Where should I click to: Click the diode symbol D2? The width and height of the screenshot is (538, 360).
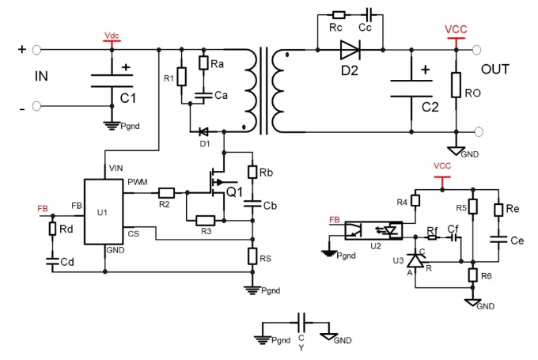pyautogui.click(x=350, y=50)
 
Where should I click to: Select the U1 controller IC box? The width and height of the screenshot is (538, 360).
pyautogui.click(x=104, y=212)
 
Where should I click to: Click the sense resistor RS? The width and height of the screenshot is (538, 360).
pyautogui.click(x=252, y=256)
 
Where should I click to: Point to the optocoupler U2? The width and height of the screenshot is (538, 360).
pyautogui.click(x=373, y=230)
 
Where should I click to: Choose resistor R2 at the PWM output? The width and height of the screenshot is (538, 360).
pyautogui.click(x=166, y=193)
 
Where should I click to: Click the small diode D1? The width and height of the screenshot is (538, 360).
pyautogui.click(x=204, y=131)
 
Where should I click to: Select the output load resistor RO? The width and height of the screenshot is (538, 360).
pyautogui.click(x=456, y=85)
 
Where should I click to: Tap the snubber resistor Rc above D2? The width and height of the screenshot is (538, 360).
pyautogui.click(x=339, y=15)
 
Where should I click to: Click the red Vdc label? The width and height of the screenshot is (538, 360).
pyautogui.click(x=112, y=36)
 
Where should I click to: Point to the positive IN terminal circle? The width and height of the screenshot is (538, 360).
pyautogui.click(x=36, y=50)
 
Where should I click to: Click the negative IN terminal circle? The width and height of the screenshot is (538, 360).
pyautogui.click(x=36, y=106)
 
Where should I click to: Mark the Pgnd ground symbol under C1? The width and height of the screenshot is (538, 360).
pyautogui.click(x=112, y=126)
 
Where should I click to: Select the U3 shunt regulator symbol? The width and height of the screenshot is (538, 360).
pyautogui.click(x=415, y=260)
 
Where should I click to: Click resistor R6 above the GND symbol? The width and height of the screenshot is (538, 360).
pyautogui.click(x=473, y=275)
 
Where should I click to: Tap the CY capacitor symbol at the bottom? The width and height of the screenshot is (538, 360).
pyautogui.click(x=302, y=323)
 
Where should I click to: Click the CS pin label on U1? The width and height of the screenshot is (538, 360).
pyautogui.click(x=134, y=234)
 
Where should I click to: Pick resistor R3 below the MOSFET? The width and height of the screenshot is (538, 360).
pyautogui.click(x=206, y=221)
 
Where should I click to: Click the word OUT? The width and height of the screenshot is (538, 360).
pyautogui.click(x=495, y=70)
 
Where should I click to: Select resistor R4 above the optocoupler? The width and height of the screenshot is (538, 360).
pyautogui.click(x=415, y=200)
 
